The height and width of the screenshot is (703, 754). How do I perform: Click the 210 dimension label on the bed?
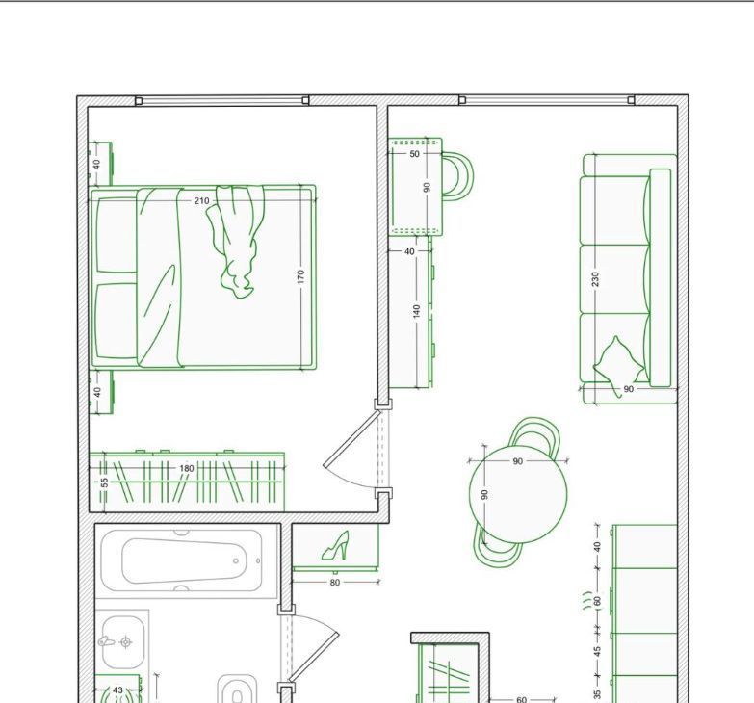click(201, 200)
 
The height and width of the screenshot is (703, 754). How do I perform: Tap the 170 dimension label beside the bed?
click(301, 276)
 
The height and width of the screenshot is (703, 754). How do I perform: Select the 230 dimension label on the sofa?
click(596, 279)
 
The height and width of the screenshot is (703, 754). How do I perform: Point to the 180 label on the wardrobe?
click(187, 468)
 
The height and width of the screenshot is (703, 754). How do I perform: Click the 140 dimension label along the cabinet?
click(416, 311)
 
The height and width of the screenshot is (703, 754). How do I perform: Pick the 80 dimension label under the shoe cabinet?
click(335, 583)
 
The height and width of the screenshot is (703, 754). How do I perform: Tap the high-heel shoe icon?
click(336, 546)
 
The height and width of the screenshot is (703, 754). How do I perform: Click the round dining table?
click(518, 494)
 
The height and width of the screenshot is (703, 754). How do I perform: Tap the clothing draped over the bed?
click(235, 241)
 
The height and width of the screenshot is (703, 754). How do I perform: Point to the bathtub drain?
click(236, 560)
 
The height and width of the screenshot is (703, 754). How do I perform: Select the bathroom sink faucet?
click(107, 641)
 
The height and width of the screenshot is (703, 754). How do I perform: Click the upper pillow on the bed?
click(116, 235)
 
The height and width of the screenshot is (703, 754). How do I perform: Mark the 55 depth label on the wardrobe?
click(104, 482)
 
